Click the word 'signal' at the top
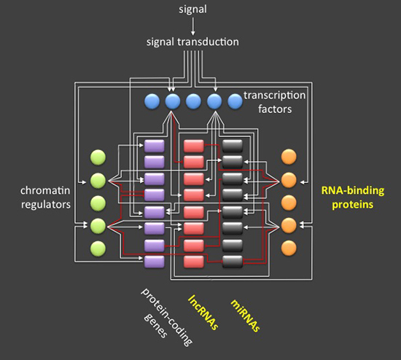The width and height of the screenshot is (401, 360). click(192, 9)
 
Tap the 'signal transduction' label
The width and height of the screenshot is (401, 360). click(192, 42)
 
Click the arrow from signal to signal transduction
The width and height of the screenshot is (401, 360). click(193, 26)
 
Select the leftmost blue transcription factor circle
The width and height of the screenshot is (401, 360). click(152, 101)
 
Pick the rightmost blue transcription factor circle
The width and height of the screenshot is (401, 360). click(235, 101)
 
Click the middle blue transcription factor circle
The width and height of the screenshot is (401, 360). click(193, 101)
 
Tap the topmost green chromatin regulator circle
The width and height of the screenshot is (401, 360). click(98, 157)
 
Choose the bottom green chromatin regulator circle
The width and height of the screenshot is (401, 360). click(98, 248)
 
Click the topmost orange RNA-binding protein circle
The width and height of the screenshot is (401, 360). click(289, 157)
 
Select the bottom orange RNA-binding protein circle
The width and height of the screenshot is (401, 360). click(289, 248)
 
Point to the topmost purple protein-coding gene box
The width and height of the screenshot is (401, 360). click(155, 146)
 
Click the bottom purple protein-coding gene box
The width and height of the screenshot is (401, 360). click(155, 262)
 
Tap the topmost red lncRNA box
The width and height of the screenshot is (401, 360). click(194, 146)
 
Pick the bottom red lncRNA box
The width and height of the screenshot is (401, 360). click(194, 262)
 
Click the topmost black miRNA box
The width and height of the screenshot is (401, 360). click(233, 146)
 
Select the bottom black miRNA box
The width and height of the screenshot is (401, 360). click(233, 262)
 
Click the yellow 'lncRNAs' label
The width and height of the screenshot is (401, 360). click(203, 313)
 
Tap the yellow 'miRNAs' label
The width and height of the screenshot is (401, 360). click(246, 316)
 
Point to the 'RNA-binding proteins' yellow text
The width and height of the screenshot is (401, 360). click(353, 197)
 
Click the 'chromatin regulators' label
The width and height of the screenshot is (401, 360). click(45, 197)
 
